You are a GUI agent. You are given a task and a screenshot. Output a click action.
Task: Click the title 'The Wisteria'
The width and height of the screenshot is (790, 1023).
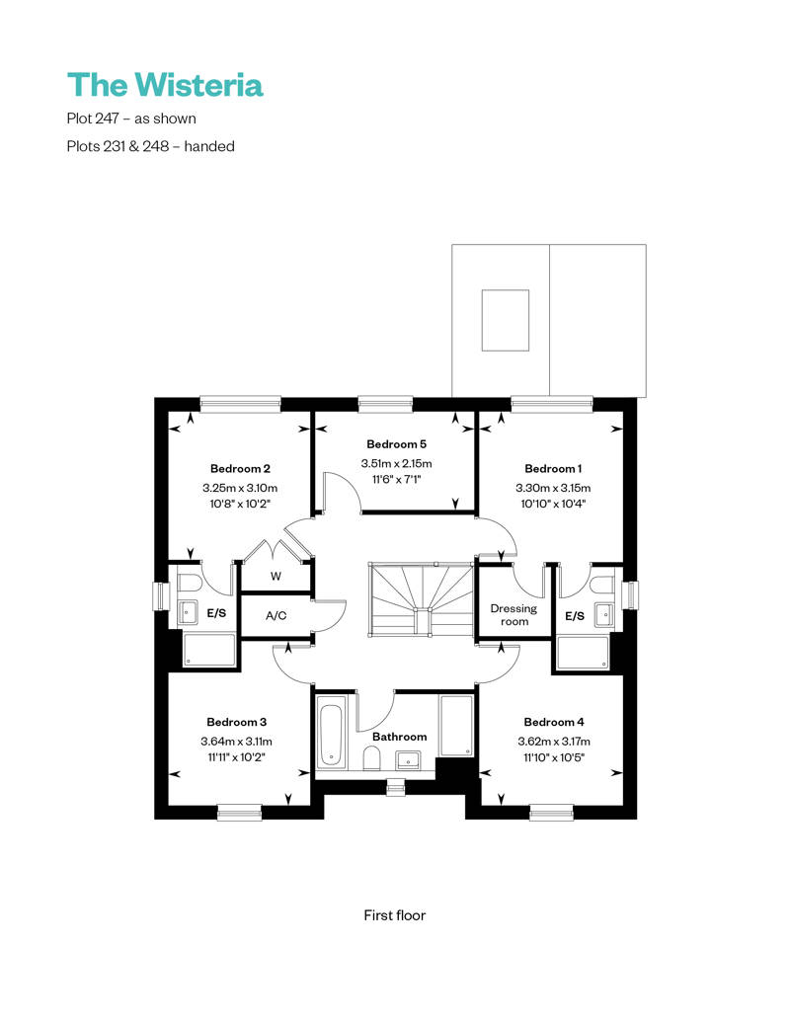[x=165, y=85]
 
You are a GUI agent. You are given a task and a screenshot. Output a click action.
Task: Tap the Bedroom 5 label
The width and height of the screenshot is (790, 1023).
[x=396, y=444]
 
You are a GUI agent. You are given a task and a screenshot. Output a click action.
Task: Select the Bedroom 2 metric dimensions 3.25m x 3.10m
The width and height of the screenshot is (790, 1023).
[x=240, y=488]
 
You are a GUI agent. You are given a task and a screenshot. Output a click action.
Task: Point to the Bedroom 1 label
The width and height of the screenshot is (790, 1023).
[x=553, y=468]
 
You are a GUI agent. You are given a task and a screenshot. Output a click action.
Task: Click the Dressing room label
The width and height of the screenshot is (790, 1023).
[x=514, y=614]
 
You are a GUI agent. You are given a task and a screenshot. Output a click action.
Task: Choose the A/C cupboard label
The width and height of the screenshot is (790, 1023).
[x=276, y=616]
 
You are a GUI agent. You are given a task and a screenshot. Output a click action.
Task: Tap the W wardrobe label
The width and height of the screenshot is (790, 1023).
[x=276, y=576]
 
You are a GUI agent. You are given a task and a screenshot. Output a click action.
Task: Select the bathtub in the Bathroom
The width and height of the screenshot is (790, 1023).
[x=330, y=736]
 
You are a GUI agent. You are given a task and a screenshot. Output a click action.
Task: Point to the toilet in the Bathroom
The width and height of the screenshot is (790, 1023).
[x=372, y=758]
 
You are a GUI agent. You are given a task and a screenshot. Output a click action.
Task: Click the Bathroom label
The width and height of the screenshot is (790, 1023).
[x=399, y=737]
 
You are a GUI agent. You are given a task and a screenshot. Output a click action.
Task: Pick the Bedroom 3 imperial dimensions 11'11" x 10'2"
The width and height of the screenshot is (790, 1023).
[x=237, y=757]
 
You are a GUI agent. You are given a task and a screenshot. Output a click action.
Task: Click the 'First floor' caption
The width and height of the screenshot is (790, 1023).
[x=395, y=915]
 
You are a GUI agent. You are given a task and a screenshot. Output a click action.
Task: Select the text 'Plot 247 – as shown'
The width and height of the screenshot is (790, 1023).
[x=131, y=118]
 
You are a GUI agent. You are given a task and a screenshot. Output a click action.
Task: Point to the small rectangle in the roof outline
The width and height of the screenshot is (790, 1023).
[x=505, y=320]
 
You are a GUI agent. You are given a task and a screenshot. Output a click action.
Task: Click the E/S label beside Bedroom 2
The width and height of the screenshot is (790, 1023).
[x=217, y=614]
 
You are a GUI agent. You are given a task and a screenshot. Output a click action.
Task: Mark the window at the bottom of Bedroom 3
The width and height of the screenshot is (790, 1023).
[x=239, y=813]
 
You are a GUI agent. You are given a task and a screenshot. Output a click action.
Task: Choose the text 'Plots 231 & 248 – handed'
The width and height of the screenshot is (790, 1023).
[x=150, y=146]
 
